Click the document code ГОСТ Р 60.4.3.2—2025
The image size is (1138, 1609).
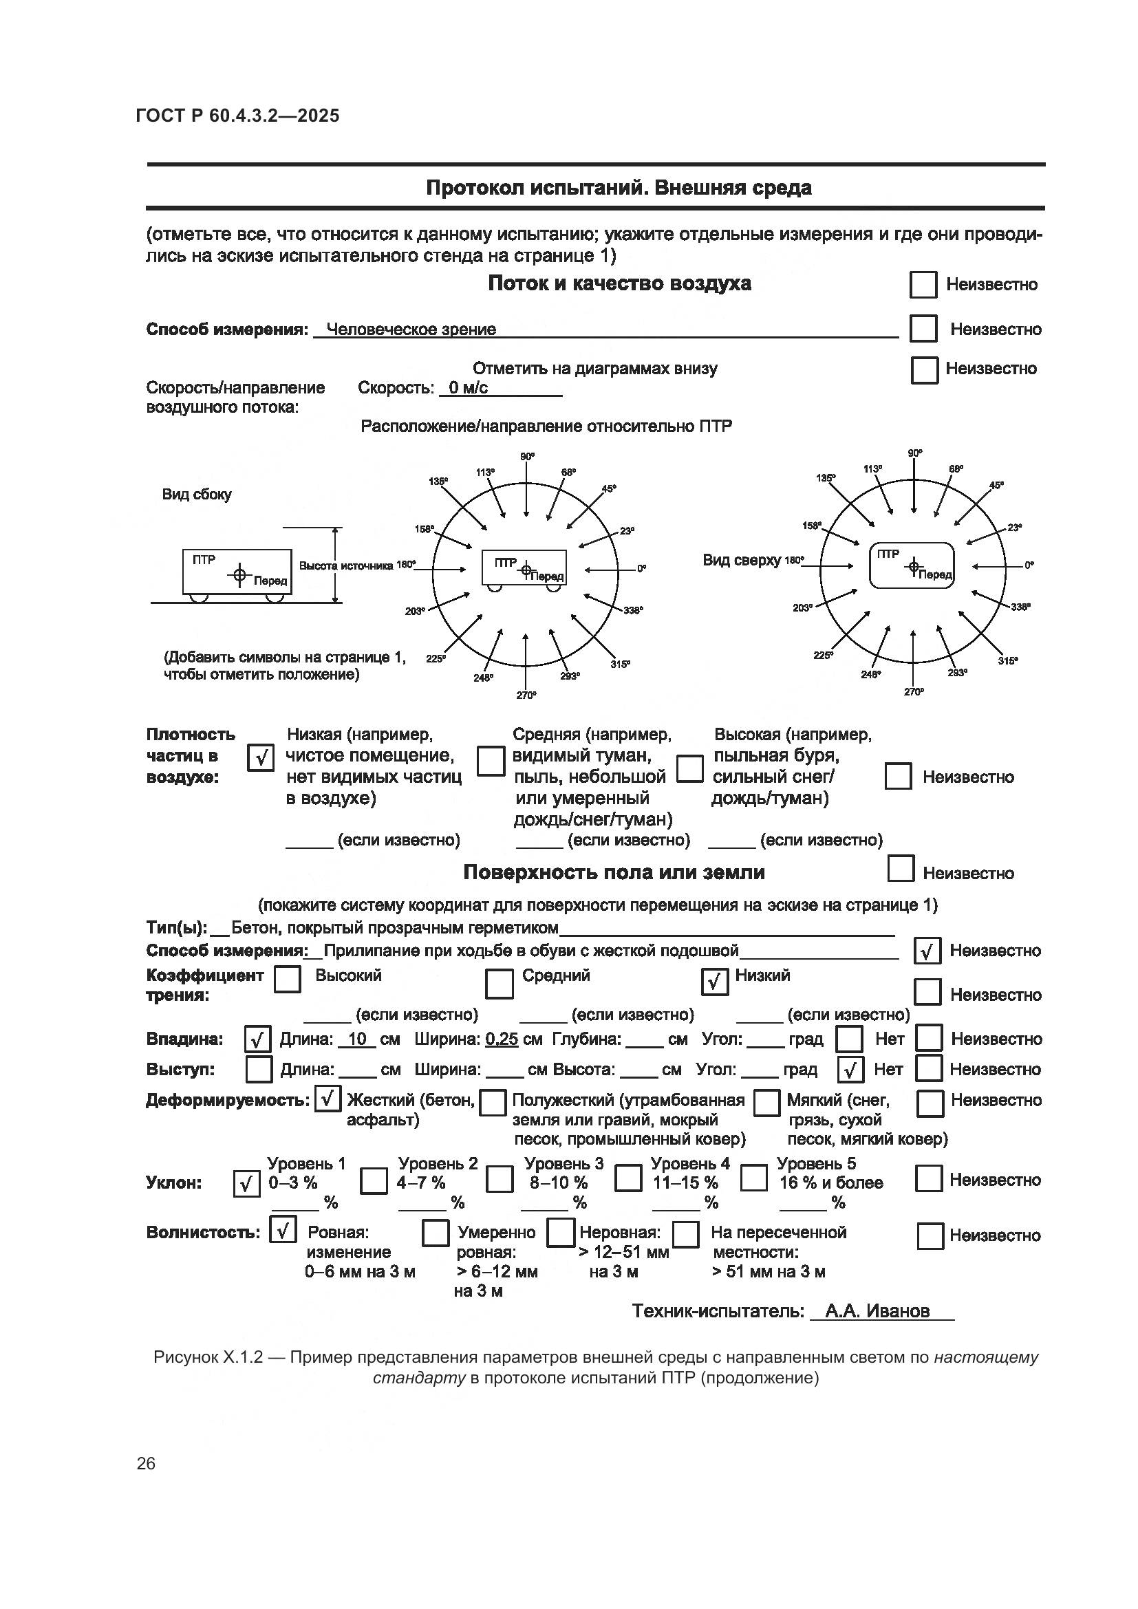[x=237, y=116]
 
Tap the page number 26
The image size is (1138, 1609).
[x=146, y=1463]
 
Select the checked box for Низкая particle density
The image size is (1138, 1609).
[x=261, y=757]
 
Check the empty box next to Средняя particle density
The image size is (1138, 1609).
[x=491, y=762]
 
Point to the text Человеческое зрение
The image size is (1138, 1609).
[x=411, y=330]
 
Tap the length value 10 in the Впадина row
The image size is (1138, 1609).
[x=357, y=1039]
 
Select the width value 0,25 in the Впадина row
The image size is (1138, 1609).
[x=502, y=1039]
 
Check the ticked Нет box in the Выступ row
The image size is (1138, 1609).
[x=850, y=1070]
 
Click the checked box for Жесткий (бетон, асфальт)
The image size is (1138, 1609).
[x=328, y=1099]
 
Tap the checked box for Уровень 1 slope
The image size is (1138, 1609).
[x=246, y=1185]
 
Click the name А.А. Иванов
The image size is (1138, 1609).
[x=877, y=1311]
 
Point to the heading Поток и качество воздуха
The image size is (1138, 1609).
[x=619, y=284]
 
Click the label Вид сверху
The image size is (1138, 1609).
[x=742, y=560]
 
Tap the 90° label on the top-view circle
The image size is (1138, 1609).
[x=914, y=453]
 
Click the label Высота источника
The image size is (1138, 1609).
[x=347, y=565]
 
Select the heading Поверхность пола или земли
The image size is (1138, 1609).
[x=614, y=872]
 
